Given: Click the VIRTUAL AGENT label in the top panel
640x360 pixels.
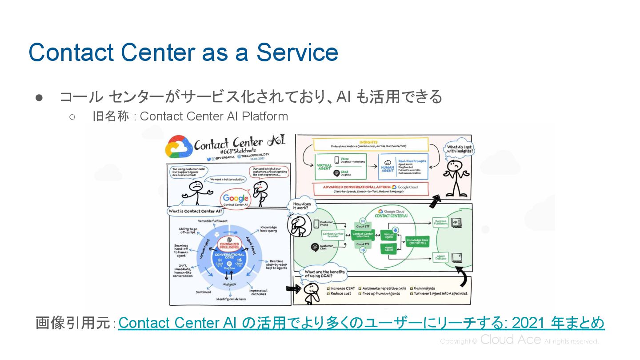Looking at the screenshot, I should coord(324,167).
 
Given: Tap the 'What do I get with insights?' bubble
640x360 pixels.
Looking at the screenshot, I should coord(460,149).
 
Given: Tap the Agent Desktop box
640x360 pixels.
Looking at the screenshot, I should coord(440,257).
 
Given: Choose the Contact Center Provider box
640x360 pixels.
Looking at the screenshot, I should coord(333,235).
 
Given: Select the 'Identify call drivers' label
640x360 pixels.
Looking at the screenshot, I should coord(231,299).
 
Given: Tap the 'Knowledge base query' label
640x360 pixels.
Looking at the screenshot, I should coord(268,228).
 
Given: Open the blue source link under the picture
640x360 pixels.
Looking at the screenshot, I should coord(361,323).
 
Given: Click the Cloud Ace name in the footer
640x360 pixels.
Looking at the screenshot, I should coord(511,340).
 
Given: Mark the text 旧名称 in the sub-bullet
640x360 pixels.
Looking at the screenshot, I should coord(112,116).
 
